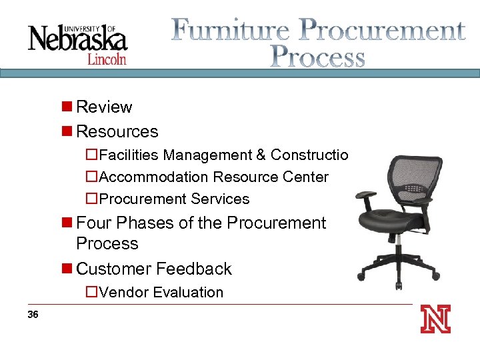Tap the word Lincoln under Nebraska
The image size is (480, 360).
pyautogui.click(x=107, y=59)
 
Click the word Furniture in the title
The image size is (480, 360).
pyautogui.click(x=230, y=31)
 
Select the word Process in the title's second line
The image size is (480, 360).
pyautogui.click(x=318, y=57)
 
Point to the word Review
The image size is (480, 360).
pyautogui.click(x=104, y=107)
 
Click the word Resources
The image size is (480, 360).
pyautogui.click(x=117, y=131)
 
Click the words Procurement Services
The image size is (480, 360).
pyautogui.click(x=173, y=199)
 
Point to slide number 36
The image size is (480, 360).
pyautogui.click(x=33, y=315)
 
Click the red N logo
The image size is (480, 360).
pyautogui.click(x=435, y=319)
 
